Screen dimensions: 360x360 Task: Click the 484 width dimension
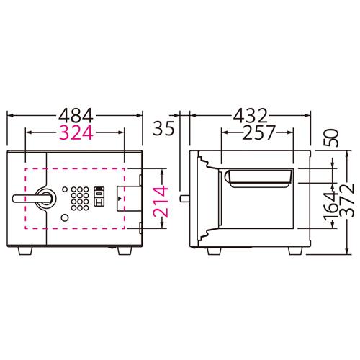(x=76, y=116)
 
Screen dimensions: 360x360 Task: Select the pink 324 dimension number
(x=76, y=132)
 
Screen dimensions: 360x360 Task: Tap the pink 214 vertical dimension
(x=161, y=202)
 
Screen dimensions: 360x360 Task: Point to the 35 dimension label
(x=163, y=128)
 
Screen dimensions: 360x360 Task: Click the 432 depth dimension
(x=251, y=116)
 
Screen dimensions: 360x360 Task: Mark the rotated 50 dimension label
(x=330, y=138)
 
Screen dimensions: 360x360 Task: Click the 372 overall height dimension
(x=347, y=200)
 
